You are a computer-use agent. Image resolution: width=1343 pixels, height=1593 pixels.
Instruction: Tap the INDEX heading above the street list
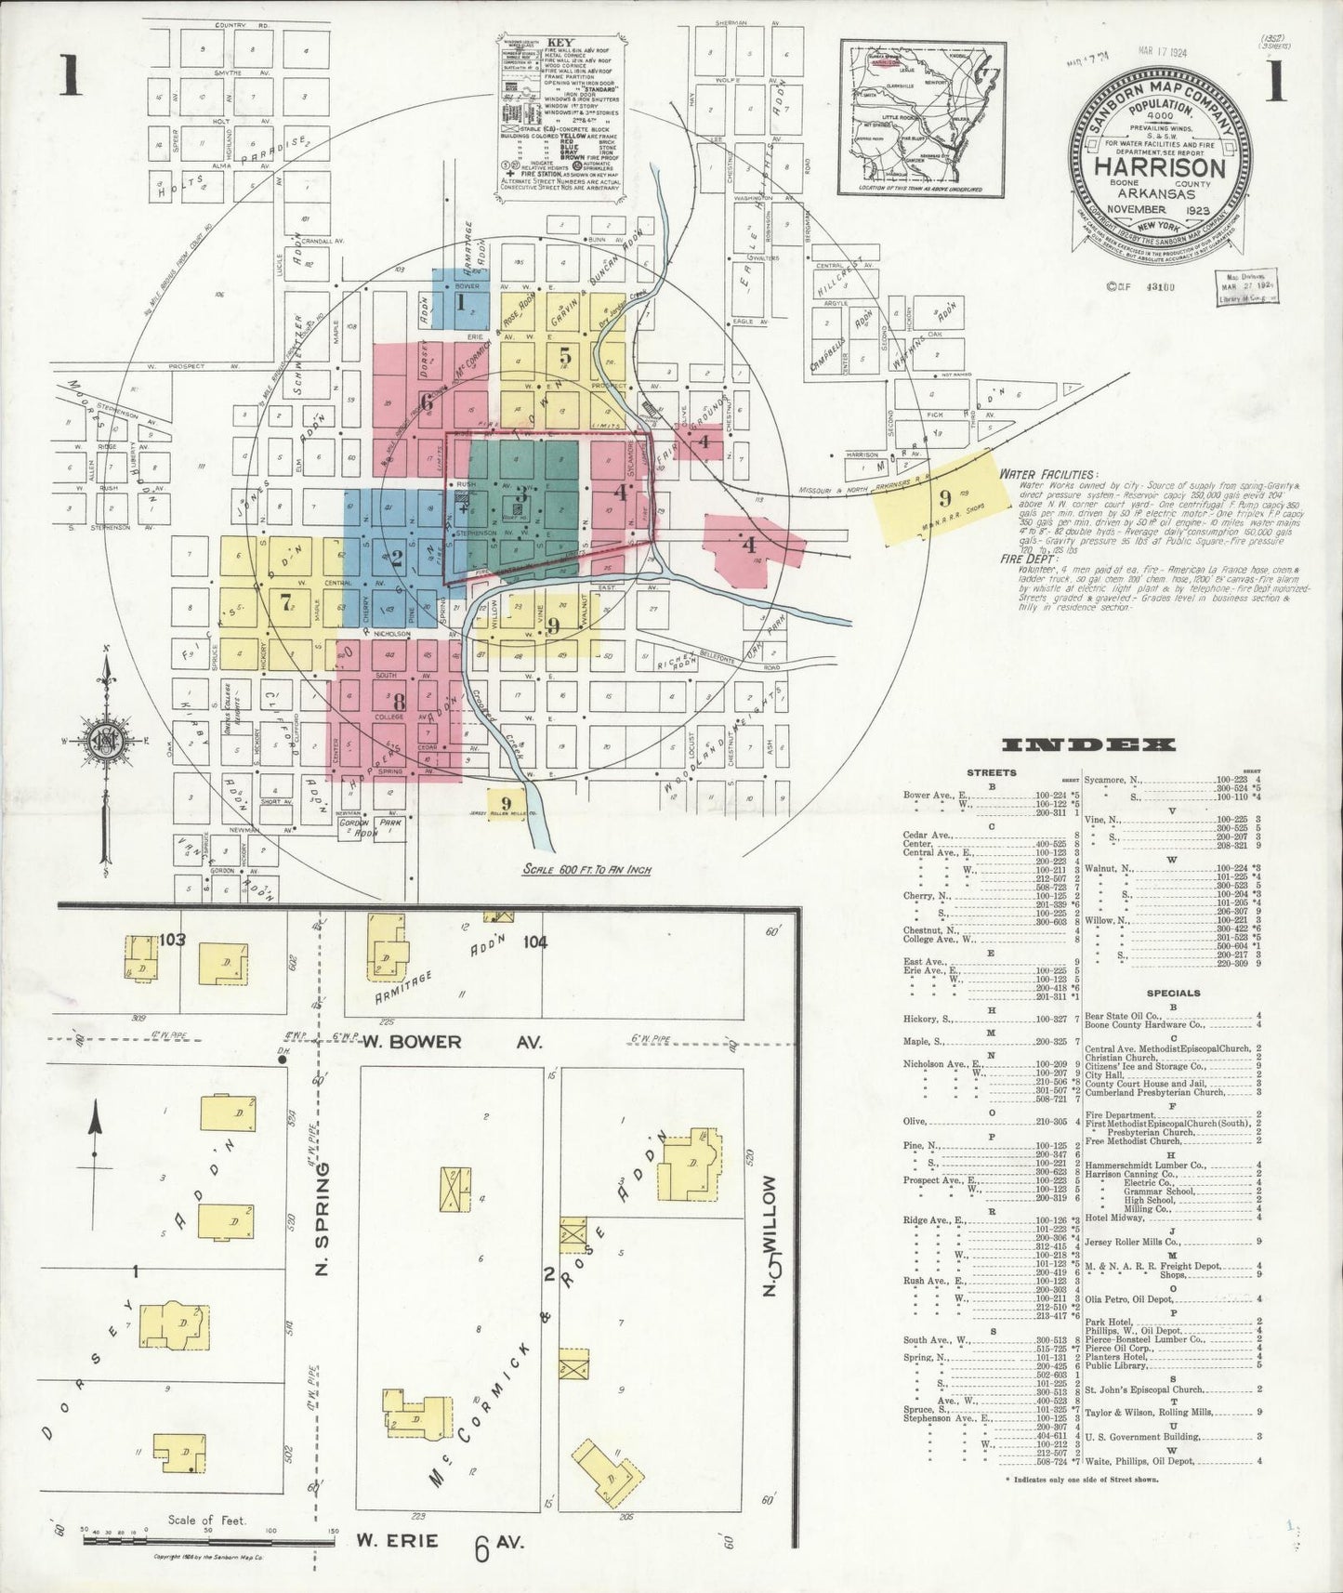(1089, 744)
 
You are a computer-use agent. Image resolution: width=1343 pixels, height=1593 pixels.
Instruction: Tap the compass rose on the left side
(107, 739)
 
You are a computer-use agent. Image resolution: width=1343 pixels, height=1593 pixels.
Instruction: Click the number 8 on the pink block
(399, 702)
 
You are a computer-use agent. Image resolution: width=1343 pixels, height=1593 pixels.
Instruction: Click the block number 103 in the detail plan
(173, 940)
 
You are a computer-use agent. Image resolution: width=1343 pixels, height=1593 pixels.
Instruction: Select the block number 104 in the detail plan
(534, 942)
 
